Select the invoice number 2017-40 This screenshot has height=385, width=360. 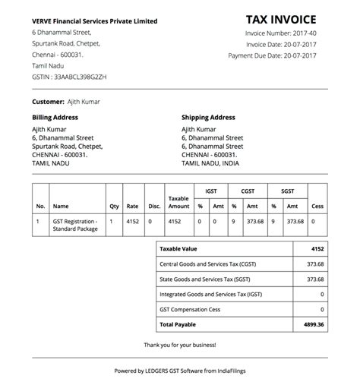click(x=312, y=33)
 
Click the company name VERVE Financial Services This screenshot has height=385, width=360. click(x=95, y=21)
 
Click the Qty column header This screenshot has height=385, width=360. click(x=114, y=206)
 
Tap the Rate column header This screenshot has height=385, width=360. click(x=133, y=206)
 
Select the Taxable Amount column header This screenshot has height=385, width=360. click(x=178, y=201)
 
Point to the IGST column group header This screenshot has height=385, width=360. click(x=210, y=192)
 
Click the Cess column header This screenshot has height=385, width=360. click(x=317, y=206)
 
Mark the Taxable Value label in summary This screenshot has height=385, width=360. click(x=177, y=248)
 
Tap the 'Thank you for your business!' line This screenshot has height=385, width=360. click(x=180, y=345)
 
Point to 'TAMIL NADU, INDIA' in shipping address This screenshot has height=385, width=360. click(x=210, y=163)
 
